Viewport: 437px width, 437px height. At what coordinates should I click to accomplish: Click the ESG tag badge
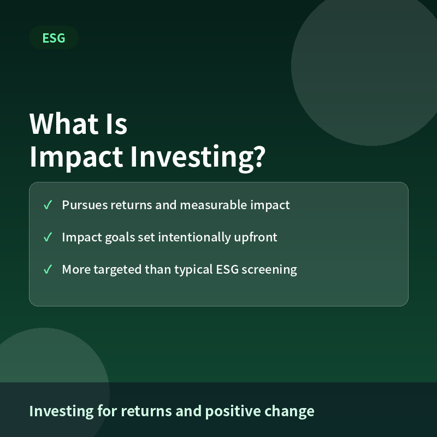click(54, 38)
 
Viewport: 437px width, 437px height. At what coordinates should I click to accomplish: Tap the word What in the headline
click(64, 124)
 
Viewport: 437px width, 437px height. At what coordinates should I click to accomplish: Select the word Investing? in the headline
click(198, 157)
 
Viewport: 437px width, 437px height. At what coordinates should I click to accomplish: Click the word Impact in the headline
click(76, 157)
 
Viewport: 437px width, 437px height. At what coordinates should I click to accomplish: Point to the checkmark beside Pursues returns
click(48, 205)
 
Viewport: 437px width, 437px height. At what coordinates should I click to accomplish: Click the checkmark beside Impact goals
click(48, 237)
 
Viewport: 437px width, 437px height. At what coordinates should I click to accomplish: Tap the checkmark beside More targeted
click(48, 269)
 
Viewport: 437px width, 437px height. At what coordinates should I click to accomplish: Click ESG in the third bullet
click(227, 269)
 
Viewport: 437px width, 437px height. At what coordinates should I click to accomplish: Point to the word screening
click(269, 270)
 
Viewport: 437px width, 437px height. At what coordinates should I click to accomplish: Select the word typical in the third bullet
click(193, 270)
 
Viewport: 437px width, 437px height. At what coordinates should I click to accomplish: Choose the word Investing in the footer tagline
click(61, 411)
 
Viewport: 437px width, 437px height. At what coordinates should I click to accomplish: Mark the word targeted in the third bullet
click(117, 270)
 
